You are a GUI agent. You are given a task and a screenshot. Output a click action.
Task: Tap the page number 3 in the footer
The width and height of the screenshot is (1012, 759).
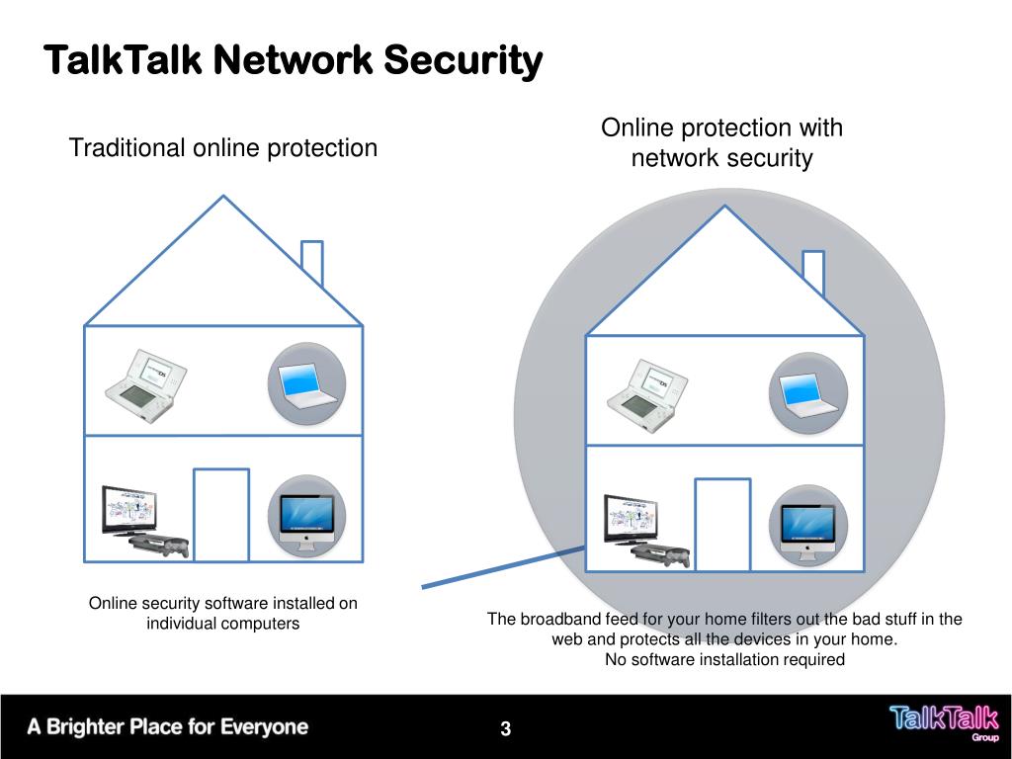click(505, 730)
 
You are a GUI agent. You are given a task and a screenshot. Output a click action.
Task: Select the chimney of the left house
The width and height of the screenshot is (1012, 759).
click(311, 262)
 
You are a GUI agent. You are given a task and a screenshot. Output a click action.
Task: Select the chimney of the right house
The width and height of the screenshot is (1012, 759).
click(813, 272)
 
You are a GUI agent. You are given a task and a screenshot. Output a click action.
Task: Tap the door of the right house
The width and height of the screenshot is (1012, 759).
click(722, 524)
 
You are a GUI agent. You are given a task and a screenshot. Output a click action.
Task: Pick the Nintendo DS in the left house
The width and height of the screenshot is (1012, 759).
click(144, 385)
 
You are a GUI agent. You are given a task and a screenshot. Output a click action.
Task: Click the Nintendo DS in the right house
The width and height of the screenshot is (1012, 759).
click(646, 391)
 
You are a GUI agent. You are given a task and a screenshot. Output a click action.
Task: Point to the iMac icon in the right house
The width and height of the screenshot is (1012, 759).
click(808, 526)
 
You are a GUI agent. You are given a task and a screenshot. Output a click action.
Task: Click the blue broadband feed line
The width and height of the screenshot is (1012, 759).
click(504, 568)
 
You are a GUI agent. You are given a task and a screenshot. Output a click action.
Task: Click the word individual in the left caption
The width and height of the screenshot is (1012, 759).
click(182, 624)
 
